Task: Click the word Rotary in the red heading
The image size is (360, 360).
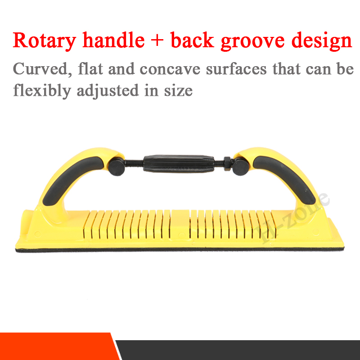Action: [x=44, y=41]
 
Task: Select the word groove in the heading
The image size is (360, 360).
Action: [x=252, y=41]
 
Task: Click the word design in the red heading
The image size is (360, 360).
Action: [x=321, y=41]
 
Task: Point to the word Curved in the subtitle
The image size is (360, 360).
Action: [x=42, y=69]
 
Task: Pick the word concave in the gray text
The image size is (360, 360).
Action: [x=170, y=69]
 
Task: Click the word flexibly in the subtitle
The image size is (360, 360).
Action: [x=42, y=91]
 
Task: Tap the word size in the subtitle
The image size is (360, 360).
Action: [x=178, y=90]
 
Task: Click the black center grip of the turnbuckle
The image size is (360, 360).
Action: [x=179, y=163]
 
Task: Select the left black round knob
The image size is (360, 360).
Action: [x=117, y=167]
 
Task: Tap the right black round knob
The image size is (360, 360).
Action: [x=240, y=167]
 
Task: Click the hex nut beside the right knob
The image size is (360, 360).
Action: [x=228, y=163]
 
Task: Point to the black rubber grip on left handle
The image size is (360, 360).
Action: [x=72, y=179]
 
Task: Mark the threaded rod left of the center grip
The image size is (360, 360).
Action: [x=134, y=162]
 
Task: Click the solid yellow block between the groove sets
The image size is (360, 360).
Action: [x=180, y=223]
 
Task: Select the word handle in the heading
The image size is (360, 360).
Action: [x=114, y=40]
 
